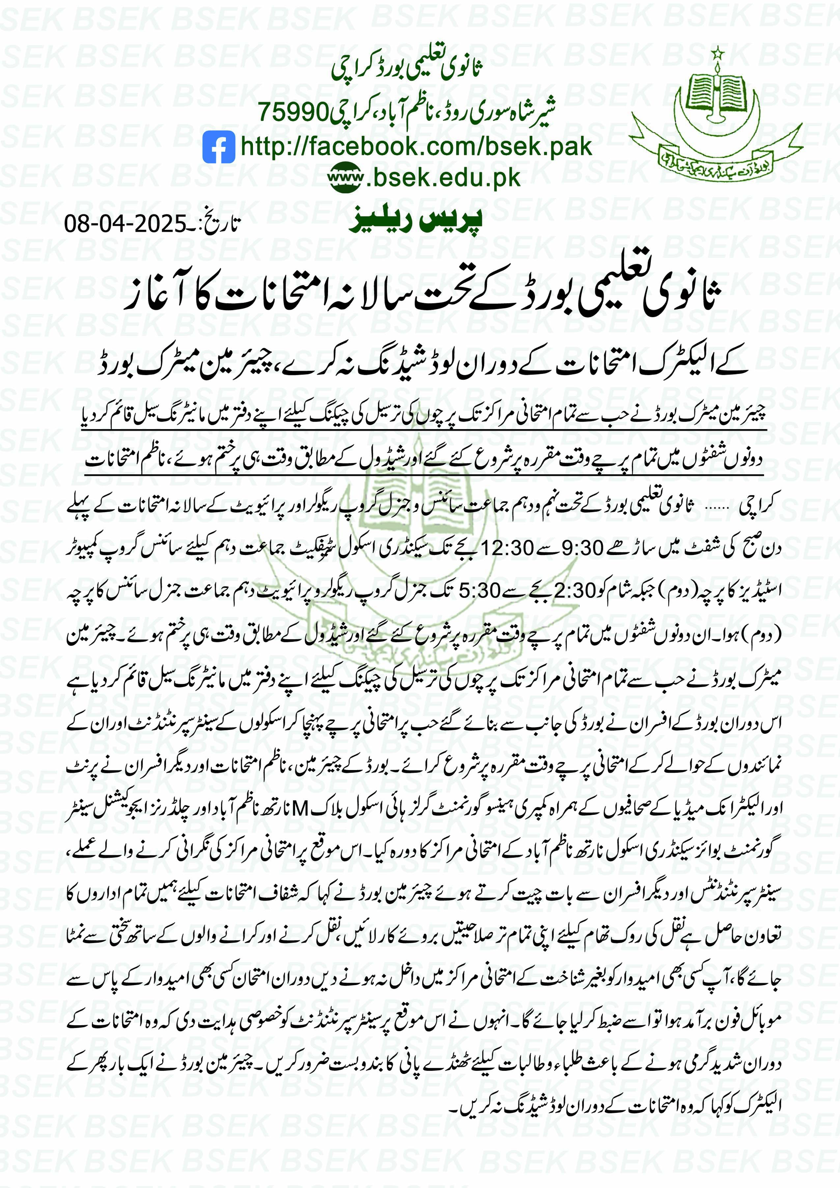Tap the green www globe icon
[346, 178]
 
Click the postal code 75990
[294, 111]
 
